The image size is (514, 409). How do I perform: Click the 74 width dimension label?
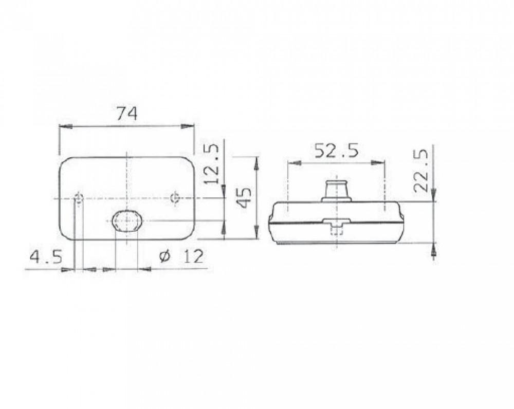coord(126,114)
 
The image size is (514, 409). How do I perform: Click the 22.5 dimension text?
coord(421,171)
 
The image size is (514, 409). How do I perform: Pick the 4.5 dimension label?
coord(46,256)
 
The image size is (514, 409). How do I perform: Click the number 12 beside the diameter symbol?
coord(191,256)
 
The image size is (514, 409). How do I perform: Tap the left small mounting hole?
coord(79,198)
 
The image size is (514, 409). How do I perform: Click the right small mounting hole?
coord(175,198)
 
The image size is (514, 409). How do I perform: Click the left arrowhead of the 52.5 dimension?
coord(292,163)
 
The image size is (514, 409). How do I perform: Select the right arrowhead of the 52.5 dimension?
coord(381,163)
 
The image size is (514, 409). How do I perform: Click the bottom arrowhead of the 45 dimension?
coord(256,234)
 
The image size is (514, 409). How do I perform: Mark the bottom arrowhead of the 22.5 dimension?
coord(434,252)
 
